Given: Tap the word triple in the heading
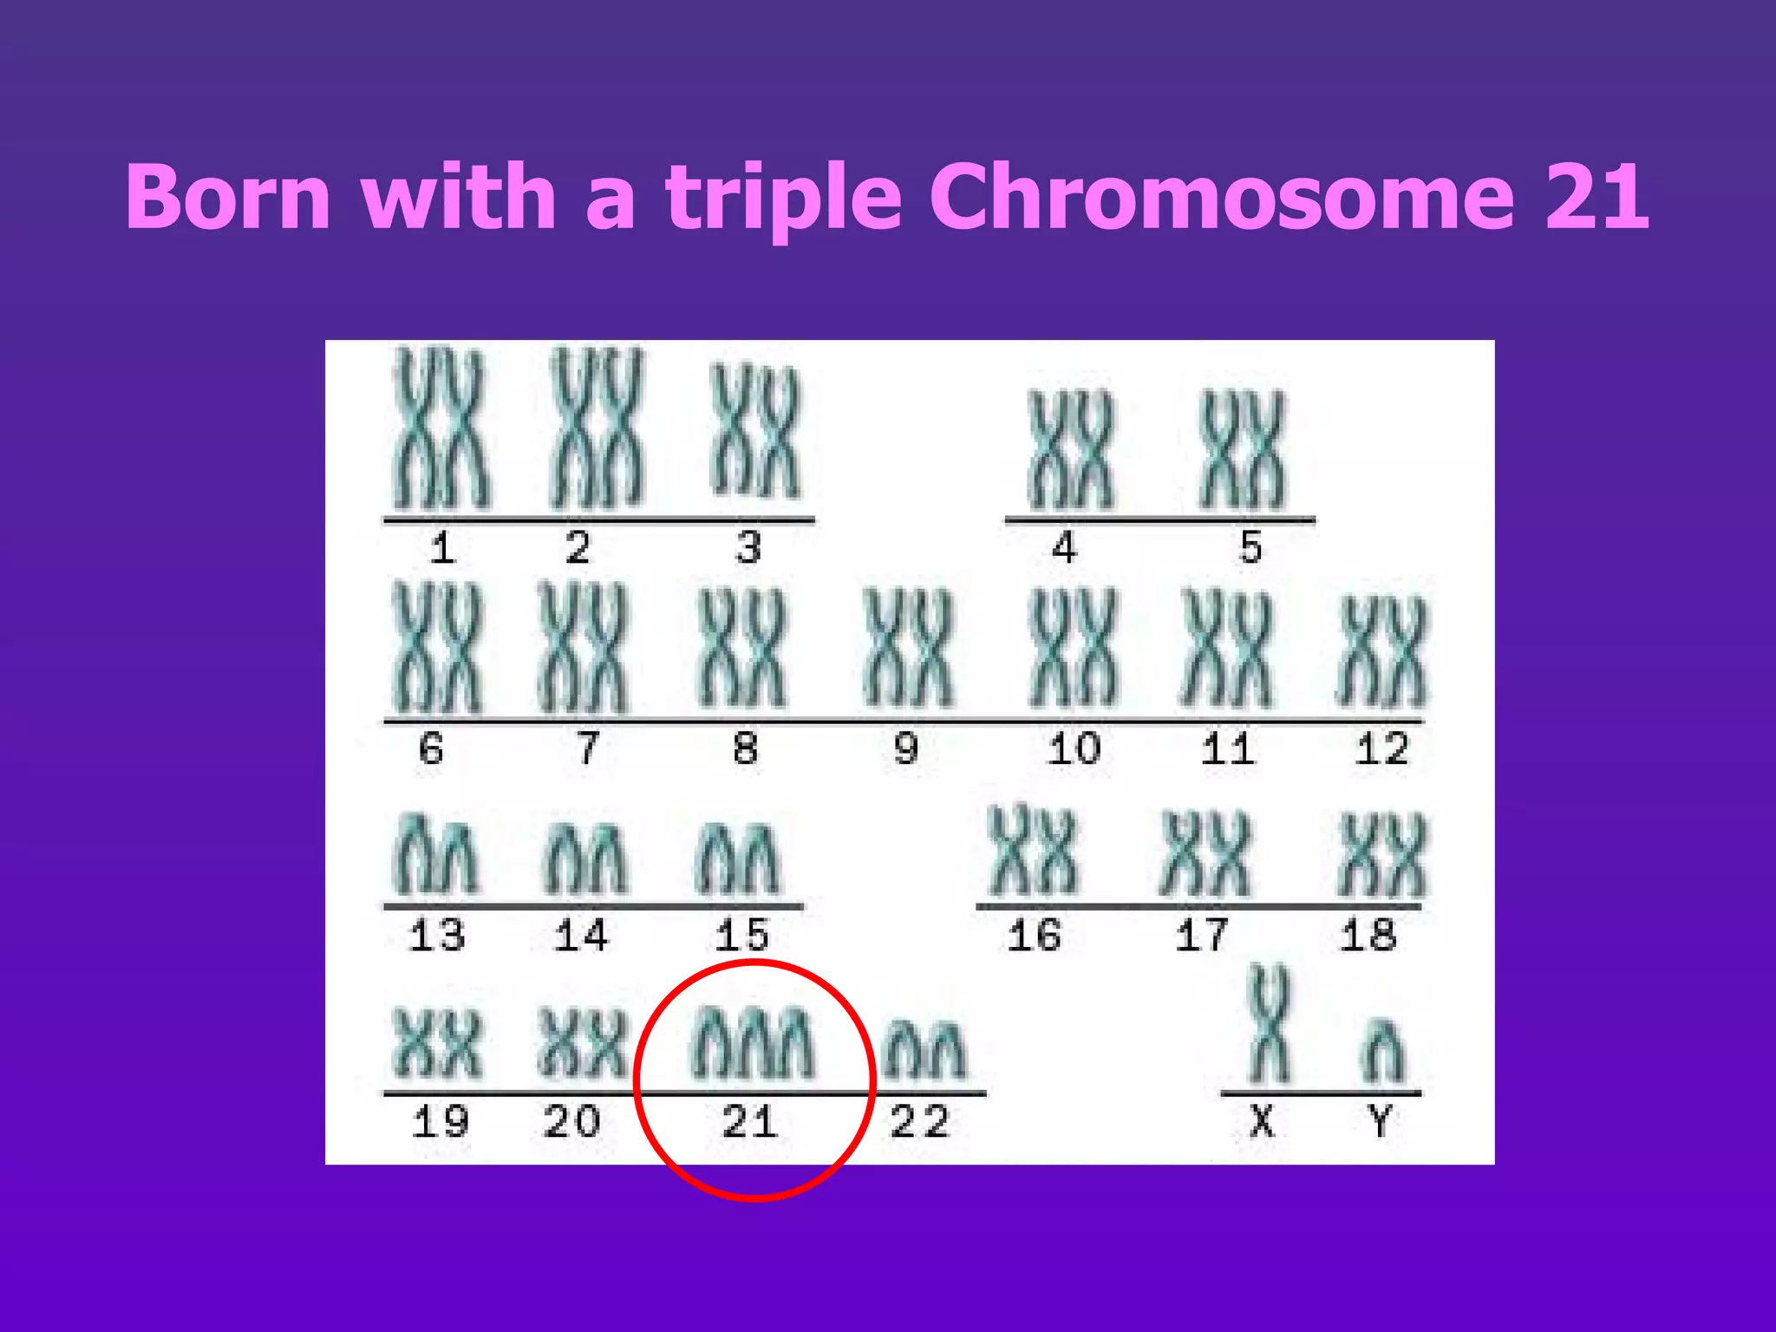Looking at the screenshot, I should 784,199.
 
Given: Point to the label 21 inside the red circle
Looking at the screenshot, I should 750,1122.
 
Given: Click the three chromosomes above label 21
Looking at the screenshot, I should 752,1043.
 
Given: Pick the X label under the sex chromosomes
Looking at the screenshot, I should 1263,1121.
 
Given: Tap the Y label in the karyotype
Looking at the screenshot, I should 1381,1121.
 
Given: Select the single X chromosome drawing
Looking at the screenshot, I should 1269,1026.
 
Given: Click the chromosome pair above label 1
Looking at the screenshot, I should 441,428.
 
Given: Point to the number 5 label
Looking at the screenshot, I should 1250,547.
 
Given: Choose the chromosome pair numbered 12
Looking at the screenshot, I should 1382,652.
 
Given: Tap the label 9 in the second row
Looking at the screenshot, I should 906,748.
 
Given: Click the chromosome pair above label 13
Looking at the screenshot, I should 435,855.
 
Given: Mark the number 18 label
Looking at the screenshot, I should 1368,936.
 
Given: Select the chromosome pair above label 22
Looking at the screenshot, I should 924,1050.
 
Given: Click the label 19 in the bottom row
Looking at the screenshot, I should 441,1122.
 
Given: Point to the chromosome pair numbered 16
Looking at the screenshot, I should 1034,852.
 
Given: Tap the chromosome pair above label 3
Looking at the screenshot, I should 754,431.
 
